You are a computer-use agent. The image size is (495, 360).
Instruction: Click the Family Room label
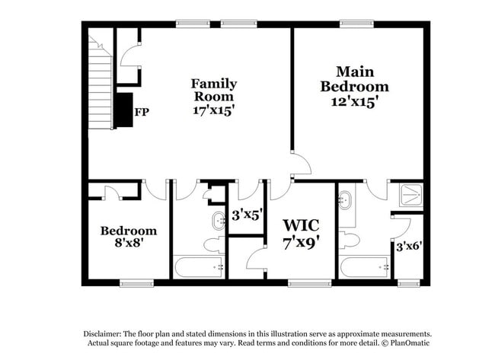pyautogui.click(x=214, y=90)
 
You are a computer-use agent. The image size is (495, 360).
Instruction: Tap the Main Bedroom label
pyautogui.click(x=355, y=79)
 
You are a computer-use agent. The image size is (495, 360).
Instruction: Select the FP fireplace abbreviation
pyautogui.click(x=142, y=112)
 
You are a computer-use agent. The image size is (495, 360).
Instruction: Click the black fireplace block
pyautogui.click(x=123, y=110)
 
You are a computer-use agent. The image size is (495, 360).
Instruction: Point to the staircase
pyautogui.click(x=100, y=82)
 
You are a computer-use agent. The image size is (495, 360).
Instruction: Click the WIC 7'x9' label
pyautogui.click(x=301, y=234)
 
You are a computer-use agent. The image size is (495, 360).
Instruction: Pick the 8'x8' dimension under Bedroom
pyautogui.click(x=129, y=243)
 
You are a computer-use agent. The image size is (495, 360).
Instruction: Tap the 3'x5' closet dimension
pyautogui.click(x=247, y=215)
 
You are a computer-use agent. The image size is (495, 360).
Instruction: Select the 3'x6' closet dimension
pyautogui.click(x=409, y=246)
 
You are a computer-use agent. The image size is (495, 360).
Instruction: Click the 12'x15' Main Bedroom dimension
pyautogui.click(x=355, y=102)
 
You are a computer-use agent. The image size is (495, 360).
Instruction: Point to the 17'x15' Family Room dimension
pyautogui.click(x=214, y=110)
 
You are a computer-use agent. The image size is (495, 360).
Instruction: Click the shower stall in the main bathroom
pyautogui.click(x=410, y=196)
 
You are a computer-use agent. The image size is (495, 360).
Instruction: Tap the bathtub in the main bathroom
pyautogui.click(x=365, y=268)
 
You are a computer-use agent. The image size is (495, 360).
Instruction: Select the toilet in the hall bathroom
pyautogui.click(x=214, y=244)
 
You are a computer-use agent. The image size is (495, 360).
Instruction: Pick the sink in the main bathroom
pyautogui.click(x=345, y=199)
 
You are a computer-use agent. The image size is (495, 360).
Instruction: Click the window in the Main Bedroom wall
pyautogui.click(x=356, y=24)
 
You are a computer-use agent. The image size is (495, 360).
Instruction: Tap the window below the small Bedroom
pyautogui.click(x=136, y=283)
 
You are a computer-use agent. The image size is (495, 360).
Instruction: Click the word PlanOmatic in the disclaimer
pyautogui.click(x=410, y=343)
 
